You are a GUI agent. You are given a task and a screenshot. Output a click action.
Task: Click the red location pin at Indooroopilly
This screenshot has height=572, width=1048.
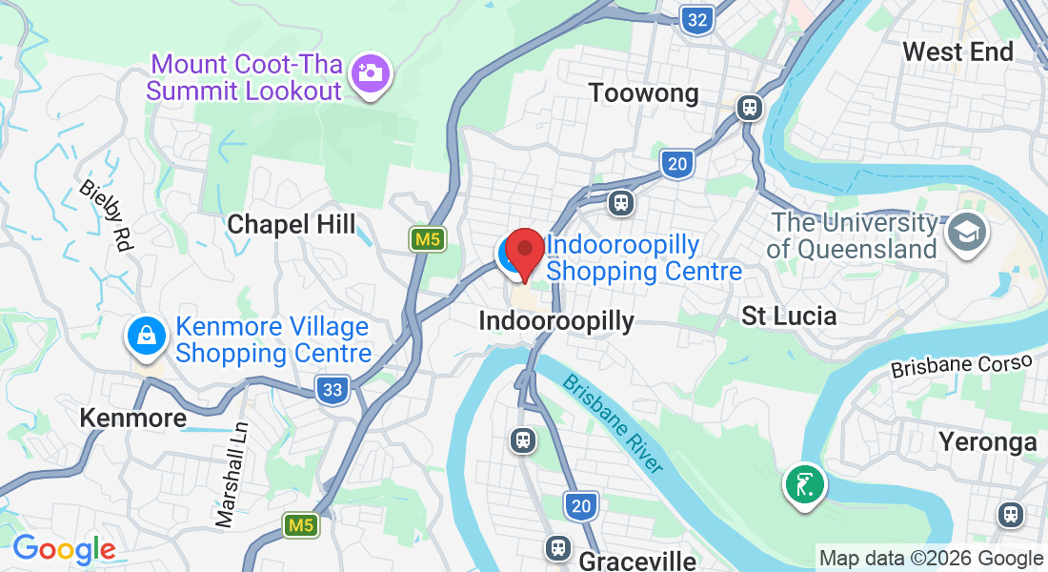click(x=524, y=253)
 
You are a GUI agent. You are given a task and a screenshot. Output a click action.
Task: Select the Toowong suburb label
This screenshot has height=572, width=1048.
click(x=643, y=93)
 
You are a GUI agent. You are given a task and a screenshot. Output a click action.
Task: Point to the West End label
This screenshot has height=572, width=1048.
click(x=957, y=51)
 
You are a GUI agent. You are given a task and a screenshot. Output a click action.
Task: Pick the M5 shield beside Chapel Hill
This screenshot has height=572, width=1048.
click(x=428, y=239)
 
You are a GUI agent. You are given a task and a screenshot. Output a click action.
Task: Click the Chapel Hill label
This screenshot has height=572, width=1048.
click(x=291, y=225)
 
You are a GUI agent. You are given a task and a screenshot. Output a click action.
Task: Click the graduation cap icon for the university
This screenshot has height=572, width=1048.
click(x=966, y=232)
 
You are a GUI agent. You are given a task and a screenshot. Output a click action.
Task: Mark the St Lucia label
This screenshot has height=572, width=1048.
click(x=789, y=317)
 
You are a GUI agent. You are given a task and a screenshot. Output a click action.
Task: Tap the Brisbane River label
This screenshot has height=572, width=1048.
click(x=613, y=422)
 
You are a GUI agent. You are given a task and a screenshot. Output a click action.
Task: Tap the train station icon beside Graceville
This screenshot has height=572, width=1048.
click(x=558, y=547)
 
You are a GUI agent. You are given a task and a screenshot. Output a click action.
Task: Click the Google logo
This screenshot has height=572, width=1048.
click(x=64, y=549)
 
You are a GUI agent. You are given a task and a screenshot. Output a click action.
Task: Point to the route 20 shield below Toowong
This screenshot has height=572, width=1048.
click(x=676, y=164)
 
